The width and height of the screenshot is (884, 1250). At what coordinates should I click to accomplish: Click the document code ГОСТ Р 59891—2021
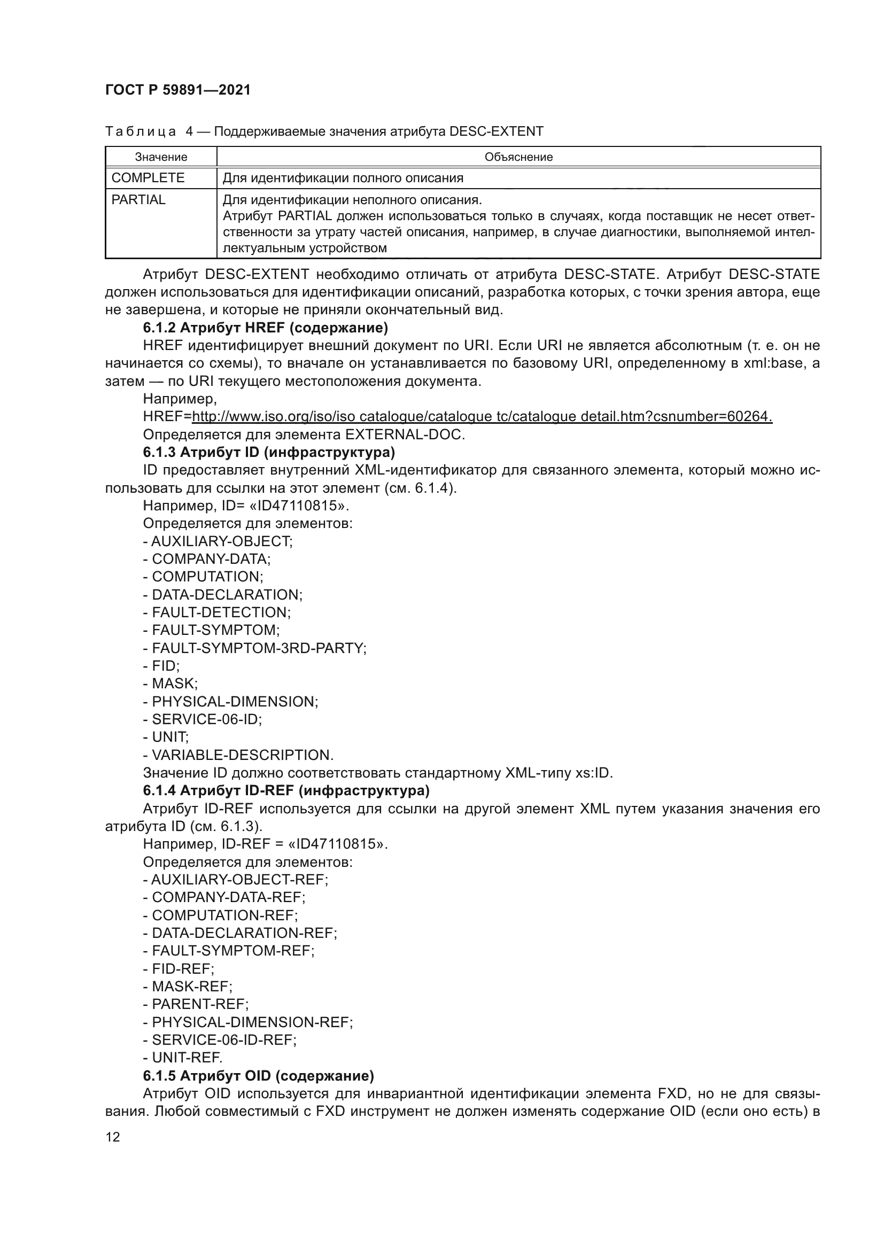coord(178,90)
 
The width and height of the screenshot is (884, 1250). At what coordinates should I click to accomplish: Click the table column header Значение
coord(161,157)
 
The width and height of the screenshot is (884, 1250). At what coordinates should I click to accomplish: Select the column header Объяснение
coord(518,157)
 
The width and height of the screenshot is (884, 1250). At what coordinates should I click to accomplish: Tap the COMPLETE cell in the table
coord(148,178)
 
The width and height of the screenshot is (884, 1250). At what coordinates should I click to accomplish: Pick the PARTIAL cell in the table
coord(138,200)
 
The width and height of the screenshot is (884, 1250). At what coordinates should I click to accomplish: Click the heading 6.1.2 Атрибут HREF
coord(265,328)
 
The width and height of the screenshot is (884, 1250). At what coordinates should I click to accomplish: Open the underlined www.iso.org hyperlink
coord(482,416)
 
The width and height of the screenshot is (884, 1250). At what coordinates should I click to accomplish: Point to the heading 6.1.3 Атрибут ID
coord(269,453)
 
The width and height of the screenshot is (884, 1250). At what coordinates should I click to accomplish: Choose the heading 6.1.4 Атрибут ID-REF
coord(286,790)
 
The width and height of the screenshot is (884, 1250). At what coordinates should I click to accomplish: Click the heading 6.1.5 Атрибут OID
coord(259,1076)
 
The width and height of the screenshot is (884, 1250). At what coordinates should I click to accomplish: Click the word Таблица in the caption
coord(141,132)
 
